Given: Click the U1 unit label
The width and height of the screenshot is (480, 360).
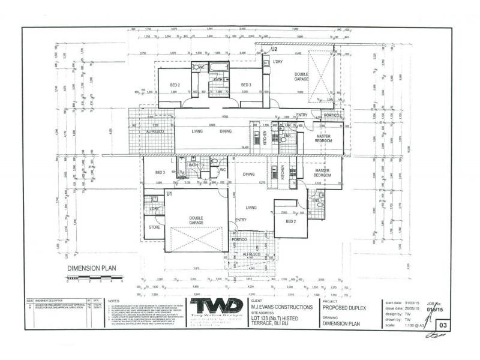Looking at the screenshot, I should pyautogui.click(x=170, y=194).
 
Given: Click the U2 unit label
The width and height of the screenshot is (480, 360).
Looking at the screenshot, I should pyautogui.click(x=274, y=49).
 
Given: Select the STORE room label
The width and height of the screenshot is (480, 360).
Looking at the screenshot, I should pyautogui.click(x=155, y=227).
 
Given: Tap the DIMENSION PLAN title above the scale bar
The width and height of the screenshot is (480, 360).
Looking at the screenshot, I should pyautogui.click(x=91, y=269).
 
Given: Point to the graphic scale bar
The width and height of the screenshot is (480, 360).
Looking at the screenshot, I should pyautogui.click(x=94, y=278).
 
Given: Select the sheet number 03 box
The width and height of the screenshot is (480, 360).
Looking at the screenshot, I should pyautogui.click(x=443, y=324).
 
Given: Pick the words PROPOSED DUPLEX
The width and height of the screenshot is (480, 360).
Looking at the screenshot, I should pyautogui.click(x=344, y=307).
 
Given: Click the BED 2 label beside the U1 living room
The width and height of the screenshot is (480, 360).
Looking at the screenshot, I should pyautogui.click(x=290, y=221).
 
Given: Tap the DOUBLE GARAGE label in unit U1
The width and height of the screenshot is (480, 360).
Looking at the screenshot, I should pyautogui.click(x=196, y=220).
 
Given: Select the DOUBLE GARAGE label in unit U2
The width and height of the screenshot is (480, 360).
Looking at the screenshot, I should pyautogui.click(x=301, y=76).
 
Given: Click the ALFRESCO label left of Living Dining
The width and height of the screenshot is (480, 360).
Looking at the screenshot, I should pyautogui.click(x=155, y=131).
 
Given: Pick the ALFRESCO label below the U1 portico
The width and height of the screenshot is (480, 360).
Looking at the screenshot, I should pyautogui.click(x=251, y=254).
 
